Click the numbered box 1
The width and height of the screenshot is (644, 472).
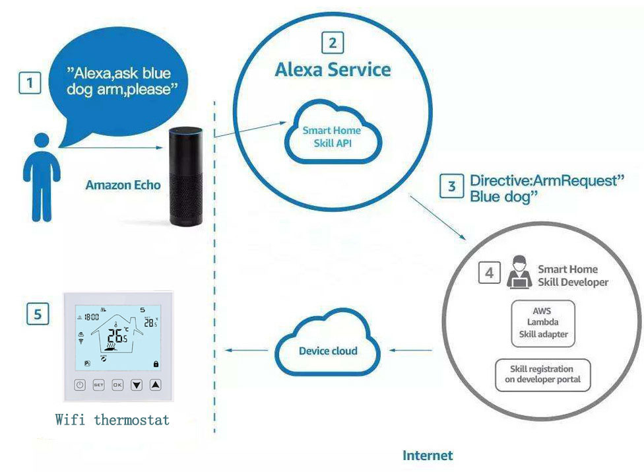tap(29, 83)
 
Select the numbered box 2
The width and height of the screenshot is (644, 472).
tap(333, 44)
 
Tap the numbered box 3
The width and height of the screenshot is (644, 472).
tap(452, 187)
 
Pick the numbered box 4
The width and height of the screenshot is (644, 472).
tap(489, 273)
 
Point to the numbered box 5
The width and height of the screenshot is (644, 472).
tap(38, 314)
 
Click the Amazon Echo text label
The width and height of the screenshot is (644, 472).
tap(123, 185)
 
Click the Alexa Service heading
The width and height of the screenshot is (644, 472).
tap(333, 70)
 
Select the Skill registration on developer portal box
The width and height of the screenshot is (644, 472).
tap(542, 374)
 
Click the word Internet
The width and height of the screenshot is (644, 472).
tap(428, 455)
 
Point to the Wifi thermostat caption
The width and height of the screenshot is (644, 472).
tap(112, 420)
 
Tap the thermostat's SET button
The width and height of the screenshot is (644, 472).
tap(98, 385)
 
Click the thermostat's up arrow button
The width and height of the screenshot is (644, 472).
tap(155, 385)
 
